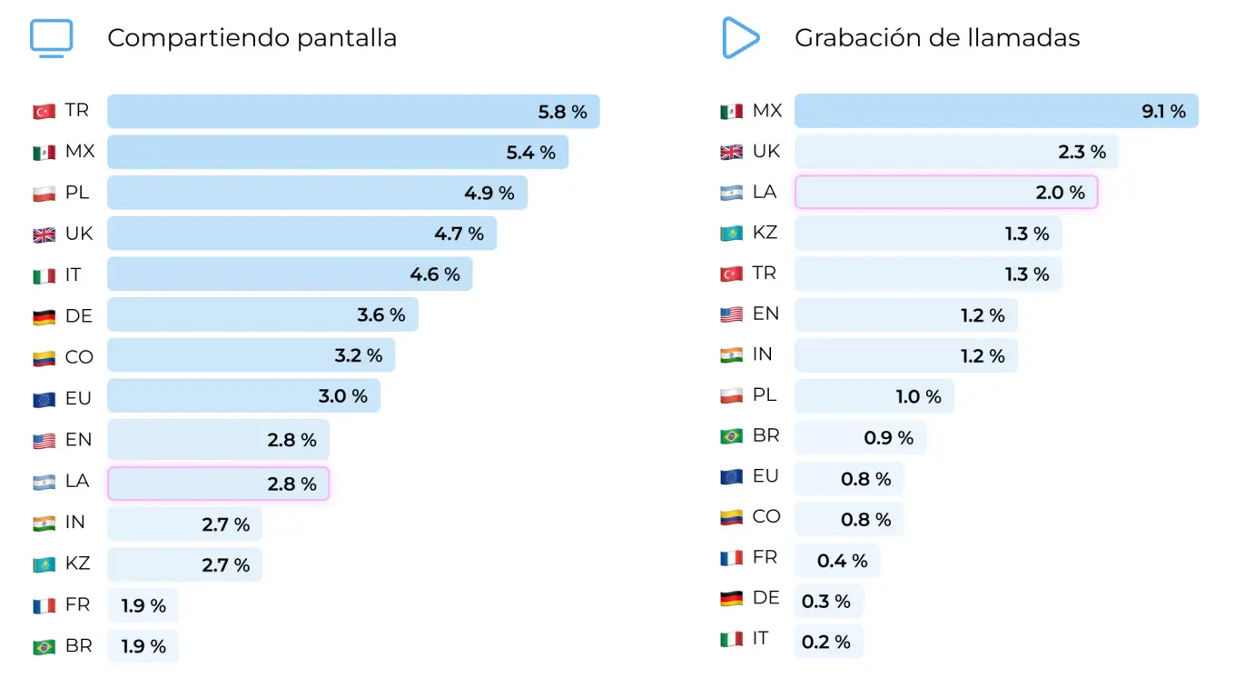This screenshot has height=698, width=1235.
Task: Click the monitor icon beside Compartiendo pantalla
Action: [x=51, y=38]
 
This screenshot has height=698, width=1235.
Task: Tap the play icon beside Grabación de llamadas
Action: [x=740, y=38]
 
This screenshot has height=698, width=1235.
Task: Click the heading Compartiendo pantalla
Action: [x=252, y=38]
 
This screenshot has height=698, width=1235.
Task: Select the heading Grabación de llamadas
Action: [x=936, y=38]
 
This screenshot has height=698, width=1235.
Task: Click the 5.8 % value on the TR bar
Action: [x=562, y=112]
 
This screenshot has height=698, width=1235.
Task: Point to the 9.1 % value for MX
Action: [x=1163, y=112]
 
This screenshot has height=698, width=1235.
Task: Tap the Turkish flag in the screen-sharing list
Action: [x=44, y=112]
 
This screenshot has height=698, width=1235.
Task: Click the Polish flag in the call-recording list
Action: [x=731, y=396]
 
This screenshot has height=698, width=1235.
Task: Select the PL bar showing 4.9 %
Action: [x=317, y=193]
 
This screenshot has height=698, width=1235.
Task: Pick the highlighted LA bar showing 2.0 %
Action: [x=945, y=193]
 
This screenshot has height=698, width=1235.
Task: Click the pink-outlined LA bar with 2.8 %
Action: [x=218, y=484]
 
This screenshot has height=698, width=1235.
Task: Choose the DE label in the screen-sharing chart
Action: [x=79, y=316]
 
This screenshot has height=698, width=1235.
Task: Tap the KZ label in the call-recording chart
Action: [x=765, y=233]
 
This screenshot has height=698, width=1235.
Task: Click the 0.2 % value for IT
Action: [x=825, y=642]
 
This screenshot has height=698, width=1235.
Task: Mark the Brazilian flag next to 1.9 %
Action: [x=44, y=647]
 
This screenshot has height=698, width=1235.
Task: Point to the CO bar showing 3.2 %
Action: [x=251, y=355]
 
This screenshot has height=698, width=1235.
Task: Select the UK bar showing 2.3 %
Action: [x=955, y=152]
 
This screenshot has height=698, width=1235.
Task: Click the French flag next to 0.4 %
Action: [x=731, y=558]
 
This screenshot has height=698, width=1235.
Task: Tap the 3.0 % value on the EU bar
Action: [x=343, y=396]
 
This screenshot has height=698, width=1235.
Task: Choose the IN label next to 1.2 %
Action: [x=762, y=354]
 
